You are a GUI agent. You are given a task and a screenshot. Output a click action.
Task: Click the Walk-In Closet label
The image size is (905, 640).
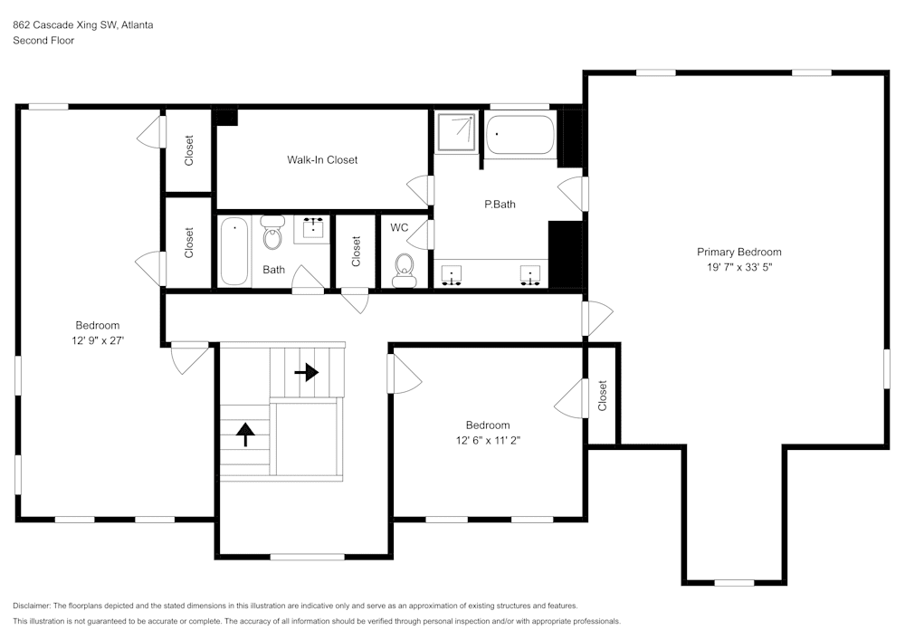tap(322, 160)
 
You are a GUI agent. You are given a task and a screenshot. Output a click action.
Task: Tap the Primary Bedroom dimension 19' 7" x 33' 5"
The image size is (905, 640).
tap(738, 267)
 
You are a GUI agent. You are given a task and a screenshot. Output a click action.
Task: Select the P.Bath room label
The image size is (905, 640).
tap(500, 205)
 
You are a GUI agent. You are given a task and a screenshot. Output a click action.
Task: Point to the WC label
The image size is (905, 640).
tap(399, 227)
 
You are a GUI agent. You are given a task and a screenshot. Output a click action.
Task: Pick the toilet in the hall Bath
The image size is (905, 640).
tap(272, 234)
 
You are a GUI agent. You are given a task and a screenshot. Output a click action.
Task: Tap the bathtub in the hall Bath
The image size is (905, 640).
tap(234, 251)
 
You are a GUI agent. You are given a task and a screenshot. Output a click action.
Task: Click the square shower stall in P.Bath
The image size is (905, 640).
tap(456, 132)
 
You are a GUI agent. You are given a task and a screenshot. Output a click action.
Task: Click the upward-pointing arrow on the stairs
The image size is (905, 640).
tap(244, 434)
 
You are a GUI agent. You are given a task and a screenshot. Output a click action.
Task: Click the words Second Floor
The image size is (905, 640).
tap(43, 41)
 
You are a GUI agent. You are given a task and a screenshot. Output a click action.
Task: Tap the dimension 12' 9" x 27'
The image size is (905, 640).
tap(97, 340)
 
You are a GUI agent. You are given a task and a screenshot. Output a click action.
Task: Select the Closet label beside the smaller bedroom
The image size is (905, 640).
tap(603, 396)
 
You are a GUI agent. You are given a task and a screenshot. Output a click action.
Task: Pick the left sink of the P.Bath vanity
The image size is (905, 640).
tap(451, 276)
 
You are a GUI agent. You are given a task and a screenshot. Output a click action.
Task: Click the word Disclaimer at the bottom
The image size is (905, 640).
tap(33, 606)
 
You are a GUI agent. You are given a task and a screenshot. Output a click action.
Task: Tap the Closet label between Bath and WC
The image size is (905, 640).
tap(357, 252)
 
